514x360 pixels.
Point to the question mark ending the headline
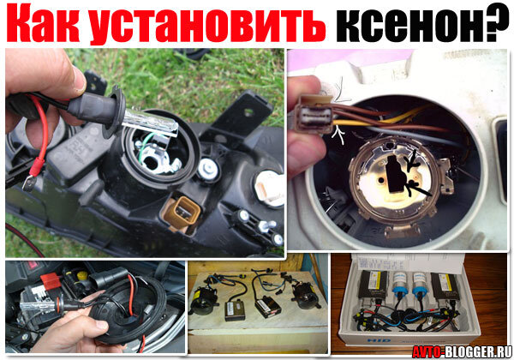coord(495,26)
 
